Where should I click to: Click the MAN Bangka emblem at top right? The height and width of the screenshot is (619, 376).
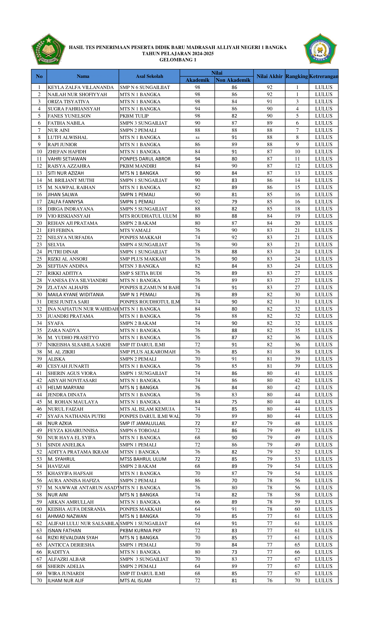tap(320, 49)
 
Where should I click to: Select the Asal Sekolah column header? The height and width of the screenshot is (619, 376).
tap(149, 76)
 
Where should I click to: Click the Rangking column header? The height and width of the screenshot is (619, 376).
tap(297, 76)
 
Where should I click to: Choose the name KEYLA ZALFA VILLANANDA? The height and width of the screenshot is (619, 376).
tap(81, 87)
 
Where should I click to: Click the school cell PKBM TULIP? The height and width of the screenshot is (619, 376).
tap(134, 116)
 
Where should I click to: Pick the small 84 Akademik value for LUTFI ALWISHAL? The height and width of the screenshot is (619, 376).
tap(197, 138)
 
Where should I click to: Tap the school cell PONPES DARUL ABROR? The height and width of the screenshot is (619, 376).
tap(145, 159)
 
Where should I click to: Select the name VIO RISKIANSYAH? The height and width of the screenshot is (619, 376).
tap(69, 216)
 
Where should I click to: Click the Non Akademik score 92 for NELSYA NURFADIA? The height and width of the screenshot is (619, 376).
tap(234, 237)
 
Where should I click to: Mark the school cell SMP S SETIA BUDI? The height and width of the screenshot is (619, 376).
tap(140, 273)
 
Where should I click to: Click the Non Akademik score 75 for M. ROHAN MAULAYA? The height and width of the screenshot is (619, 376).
tap(234, 402)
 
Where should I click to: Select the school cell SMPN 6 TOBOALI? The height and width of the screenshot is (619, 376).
tap(140, 431)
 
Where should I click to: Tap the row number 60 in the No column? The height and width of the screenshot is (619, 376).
tap(39, 509)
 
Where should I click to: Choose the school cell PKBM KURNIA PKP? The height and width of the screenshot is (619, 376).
tap(140, 531)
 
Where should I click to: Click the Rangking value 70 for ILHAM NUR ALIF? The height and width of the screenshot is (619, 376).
tap(297, 581)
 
